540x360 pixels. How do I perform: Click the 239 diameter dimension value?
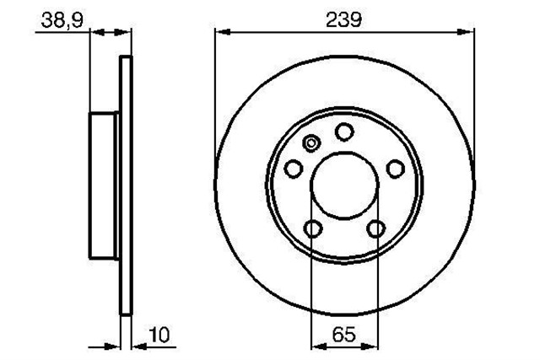tap(343, 20)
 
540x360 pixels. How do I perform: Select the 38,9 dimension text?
tap(62, 20)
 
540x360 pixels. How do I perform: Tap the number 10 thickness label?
tap(159, 335)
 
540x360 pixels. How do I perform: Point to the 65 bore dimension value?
tap(344, 334)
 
